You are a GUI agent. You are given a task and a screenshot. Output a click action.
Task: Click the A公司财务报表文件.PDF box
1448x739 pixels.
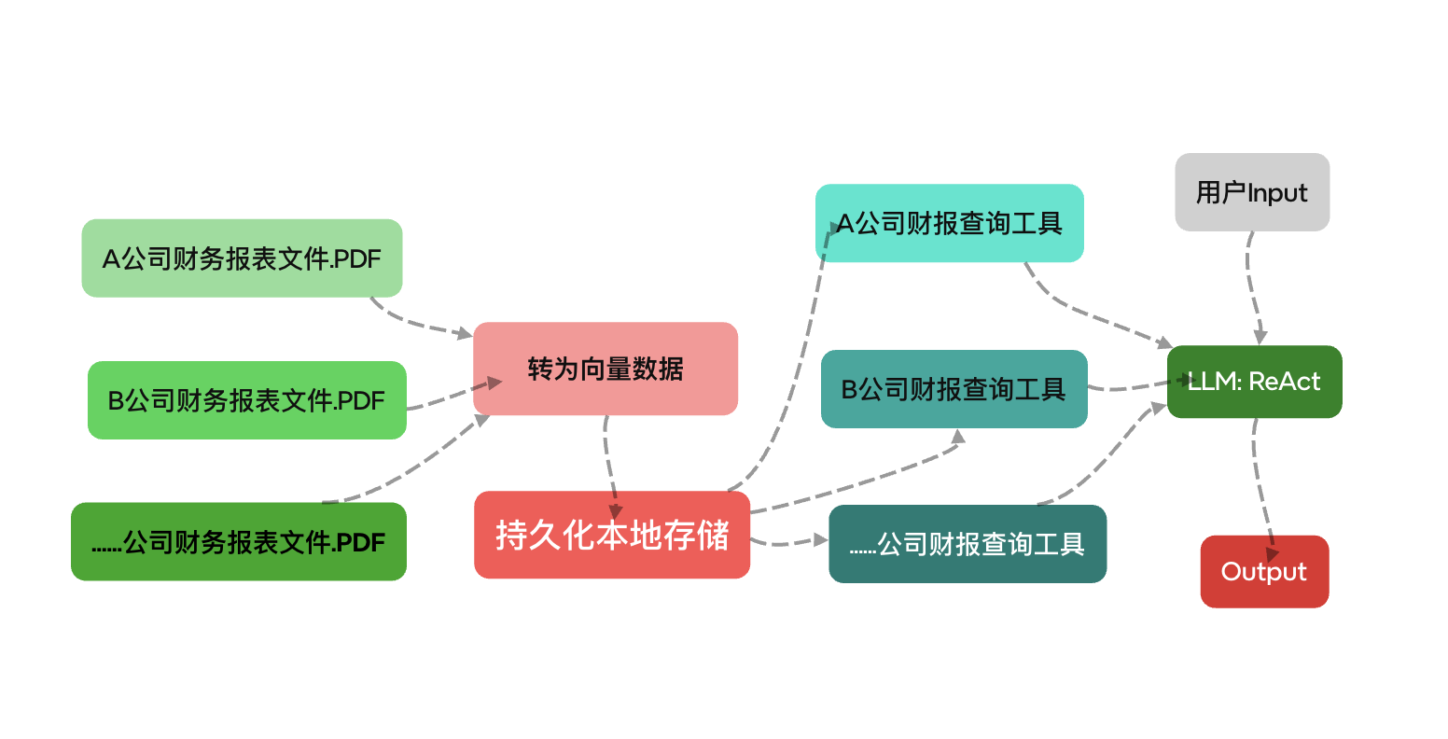click(242, 258)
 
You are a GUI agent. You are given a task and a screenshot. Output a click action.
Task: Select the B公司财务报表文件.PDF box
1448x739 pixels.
click(247, 400)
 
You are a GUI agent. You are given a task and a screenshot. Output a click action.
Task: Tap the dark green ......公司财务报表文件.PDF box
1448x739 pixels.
click(239, 542)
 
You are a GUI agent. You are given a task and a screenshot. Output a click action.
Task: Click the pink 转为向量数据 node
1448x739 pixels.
click(606, 369)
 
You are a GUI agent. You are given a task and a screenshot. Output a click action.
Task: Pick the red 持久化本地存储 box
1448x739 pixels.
click(612, 536)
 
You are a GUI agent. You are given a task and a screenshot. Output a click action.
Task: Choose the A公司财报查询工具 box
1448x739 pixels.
click(949, 223)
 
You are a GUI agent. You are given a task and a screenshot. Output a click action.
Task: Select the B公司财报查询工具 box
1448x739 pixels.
click(954, 389)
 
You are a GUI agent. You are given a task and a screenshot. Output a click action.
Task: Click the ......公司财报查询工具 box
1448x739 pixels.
click(968, 544)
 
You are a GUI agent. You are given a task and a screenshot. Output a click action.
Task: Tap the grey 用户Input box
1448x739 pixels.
click(1252, 192)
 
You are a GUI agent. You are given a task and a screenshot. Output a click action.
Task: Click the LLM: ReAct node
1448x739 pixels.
click(1254, 382)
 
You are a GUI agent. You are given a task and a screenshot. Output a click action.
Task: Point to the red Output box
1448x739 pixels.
click(1264, 571)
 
